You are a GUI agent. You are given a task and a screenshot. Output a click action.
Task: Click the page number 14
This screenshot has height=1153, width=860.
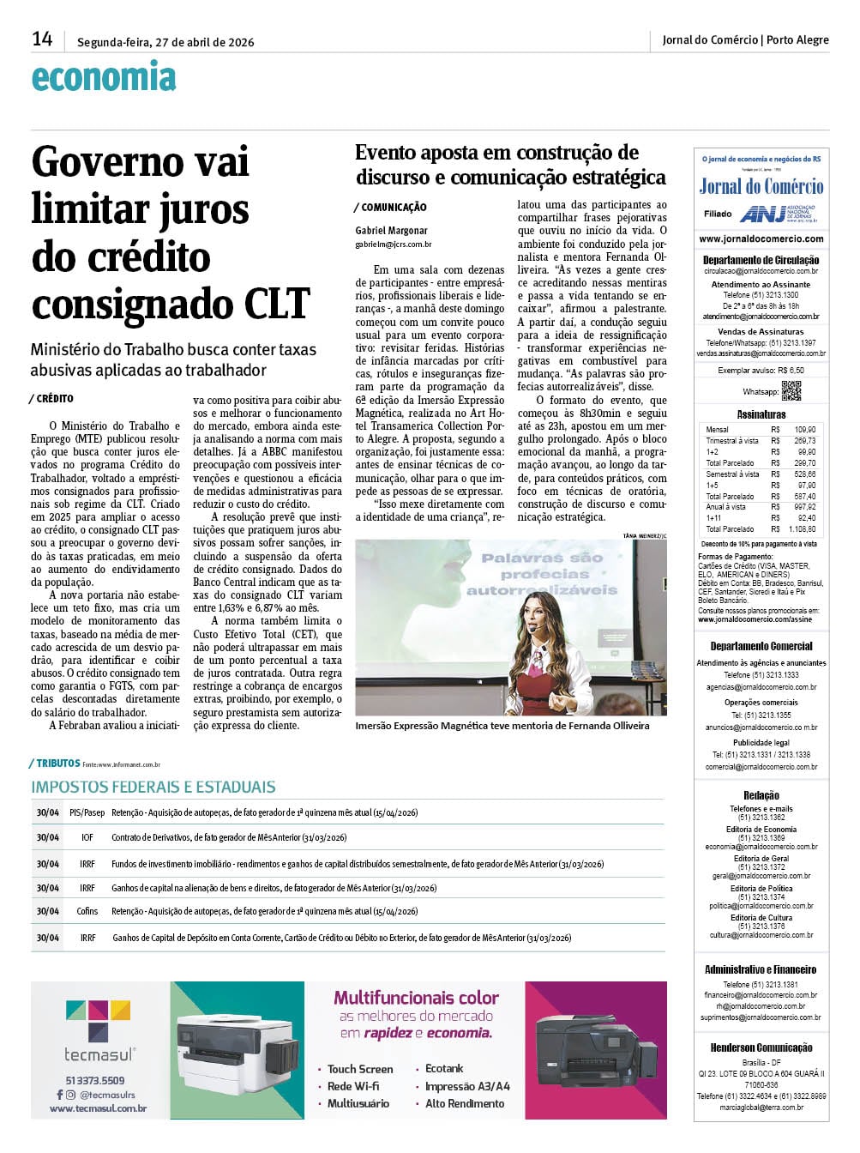[42, 39]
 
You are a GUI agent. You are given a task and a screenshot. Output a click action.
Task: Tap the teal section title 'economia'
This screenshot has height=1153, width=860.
[104, 78]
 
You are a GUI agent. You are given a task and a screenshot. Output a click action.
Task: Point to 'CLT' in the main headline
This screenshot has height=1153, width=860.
[276, 304]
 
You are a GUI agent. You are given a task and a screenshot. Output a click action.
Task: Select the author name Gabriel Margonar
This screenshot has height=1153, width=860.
[391, 231]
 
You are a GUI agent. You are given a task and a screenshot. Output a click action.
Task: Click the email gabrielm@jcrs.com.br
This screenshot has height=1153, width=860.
[394, 244]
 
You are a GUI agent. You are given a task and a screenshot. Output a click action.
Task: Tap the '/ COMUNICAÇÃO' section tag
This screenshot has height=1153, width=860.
[390, 208]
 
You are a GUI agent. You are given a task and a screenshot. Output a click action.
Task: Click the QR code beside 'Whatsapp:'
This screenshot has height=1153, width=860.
[791, 391]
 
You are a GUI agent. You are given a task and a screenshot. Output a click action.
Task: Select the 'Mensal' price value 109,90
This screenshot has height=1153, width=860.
[804, 430]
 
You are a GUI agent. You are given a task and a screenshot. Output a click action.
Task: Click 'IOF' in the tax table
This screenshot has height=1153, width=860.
[87, 837]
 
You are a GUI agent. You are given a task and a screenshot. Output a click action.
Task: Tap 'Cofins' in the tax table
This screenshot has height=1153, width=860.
[87, 911]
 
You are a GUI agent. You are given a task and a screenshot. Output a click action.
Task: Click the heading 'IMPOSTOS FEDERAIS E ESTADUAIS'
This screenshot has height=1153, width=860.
[153, 788]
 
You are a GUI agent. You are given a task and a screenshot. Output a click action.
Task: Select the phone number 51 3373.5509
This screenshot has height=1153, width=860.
[95, 1081]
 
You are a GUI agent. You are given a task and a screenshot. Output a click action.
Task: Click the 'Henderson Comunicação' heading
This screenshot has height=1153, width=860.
[761, 1047]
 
